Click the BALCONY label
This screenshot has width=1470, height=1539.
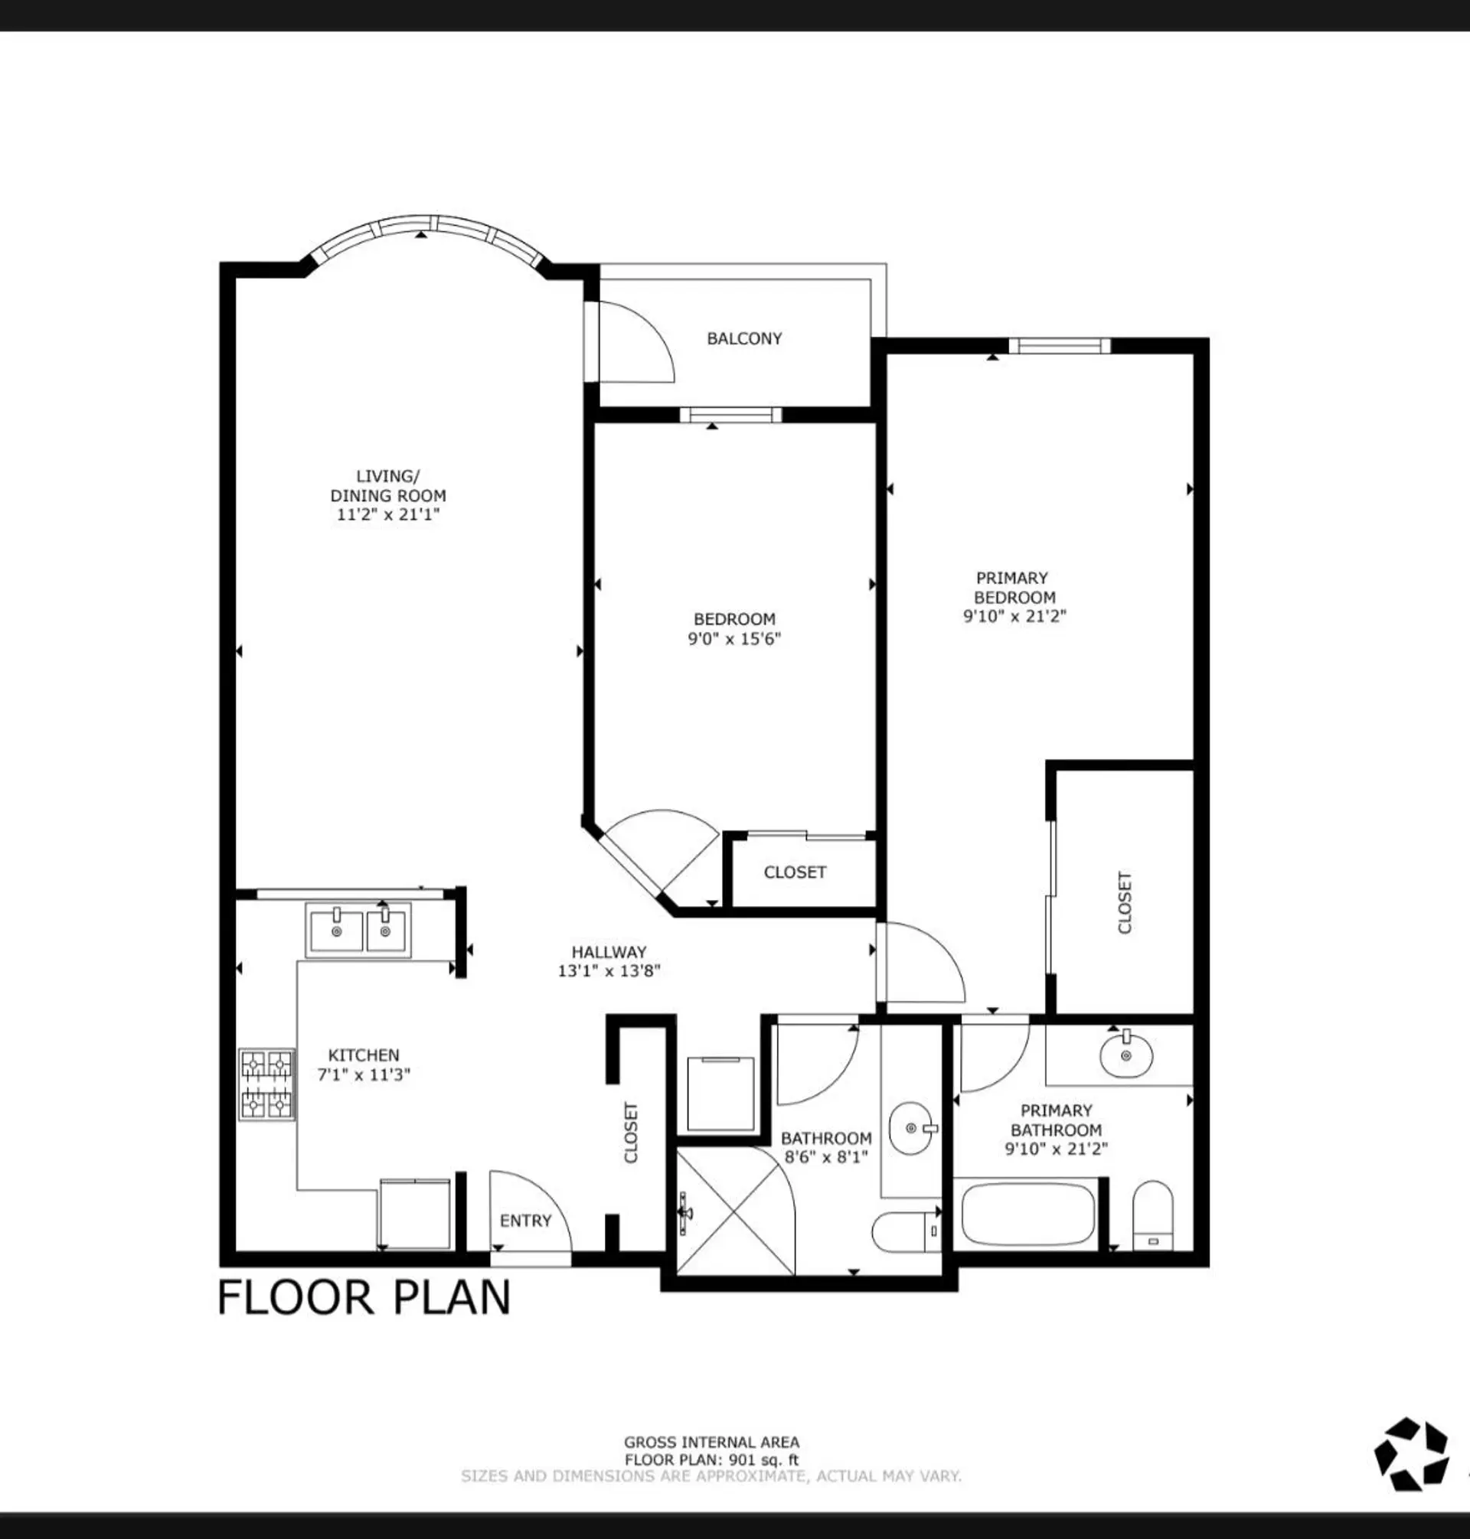743,338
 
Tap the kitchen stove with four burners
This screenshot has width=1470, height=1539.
266,1084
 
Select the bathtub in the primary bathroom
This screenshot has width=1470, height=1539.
1028,1213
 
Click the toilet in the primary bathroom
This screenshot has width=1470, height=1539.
1153,1215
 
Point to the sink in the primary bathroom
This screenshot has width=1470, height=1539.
1126,1055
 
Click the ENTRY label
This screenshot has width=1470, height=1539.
525,1220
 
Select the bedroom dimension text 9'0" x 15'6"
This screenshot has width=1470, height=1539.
734,638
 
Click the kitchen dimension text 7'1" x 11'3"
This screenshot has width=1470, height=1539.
364,1074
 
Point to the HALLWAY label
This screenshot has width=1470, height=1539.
608,951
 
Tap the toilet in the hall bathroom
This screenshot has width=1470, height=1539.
906,1231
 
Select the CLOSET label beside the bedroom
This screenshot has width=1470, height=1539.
795,872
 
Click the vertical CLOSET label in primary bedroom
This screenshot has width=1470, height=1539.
1125,902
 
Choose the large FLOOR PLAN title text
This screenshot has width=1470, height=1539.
364,1297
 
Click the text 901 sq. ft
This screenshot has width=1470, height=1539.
763,1460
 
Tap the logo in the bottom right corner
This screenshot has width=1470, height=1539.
1411,1452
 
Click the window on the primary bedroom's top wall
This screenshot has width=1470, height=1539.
1059,345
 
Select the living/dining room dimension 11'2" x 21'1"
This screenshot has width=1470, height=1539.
388,514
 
